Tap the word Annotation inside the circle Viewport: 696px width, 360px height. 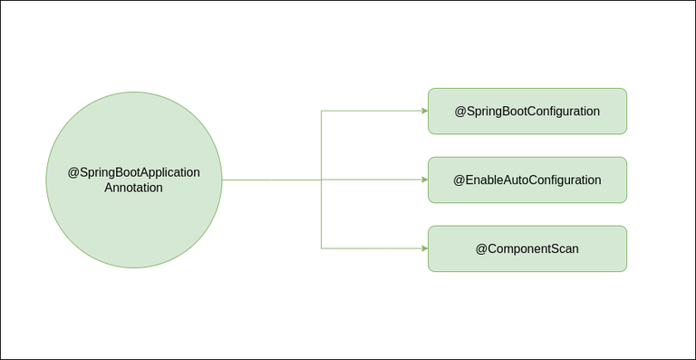point(133,189)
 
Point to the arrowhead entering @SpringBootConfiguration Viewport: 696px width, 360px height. point(424,111)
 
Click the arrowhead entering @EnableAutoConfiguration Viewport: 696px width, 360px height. point(424,180)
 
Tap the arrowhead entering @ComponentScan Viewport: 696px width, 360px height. point(424,248)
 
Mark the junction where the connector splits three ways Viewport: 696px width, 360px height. point(322,180)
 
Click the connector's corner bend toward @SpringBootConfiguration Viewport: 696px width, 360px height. point(322,111)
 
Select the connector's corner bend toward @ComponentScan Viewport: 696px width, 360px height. point(322,248)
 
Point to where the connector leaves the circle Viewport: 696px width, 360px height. point(222,180)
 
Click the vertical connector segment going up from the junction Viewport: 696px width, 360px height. point(322,145)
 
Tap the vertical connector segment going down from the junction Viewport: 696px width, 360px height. point(322,214)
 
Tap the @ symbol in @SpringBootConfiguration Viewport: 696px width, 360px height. point(460,111)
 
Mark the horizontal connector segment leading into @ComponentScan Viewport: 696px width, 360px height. point(372,248)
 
